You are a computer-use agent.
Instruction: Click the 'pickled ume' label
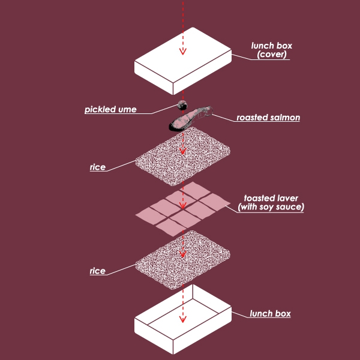pos(110,110)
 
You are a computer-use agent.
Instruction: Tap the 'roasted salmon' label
pos(268,118)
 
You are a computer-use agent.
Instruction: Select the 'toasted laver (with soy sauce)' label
pos(271,203)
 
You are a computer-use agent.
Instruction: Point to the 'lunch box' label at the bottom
pos(270,313)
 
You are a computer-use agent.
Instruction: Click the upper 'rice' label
pos(98,167)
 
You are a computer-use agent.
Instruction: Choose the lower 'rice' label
pos(98,271)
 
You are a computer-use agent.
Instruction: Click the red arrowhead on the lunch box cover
pos(183,51)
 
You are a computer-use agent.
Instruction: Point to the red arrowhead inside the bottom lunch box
pos(184,318)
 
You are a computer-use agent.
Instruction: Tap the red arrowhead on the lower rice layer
pos(184,255)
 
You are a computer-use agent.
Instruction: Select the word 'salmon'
pos(283,118)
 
